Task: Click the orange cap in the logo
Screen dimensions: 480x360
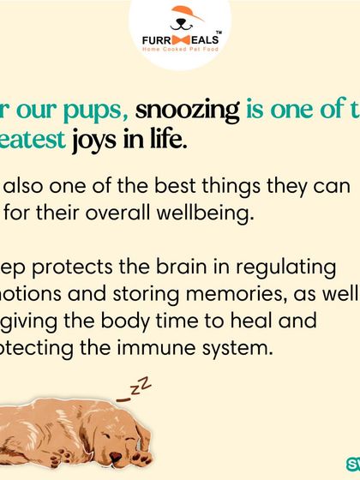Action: pyautogui.click(x=181, y=12)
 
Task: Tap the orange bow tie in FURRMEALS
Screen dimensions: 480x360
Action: pyautogui.click(x=181, y=41)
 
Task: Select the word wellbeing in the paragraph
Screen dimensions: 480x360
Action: pyautogui.click(x=202, y=213)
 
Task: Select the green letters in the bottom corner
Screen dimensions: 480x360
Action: pyautogui.click(x=353, y=461)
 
